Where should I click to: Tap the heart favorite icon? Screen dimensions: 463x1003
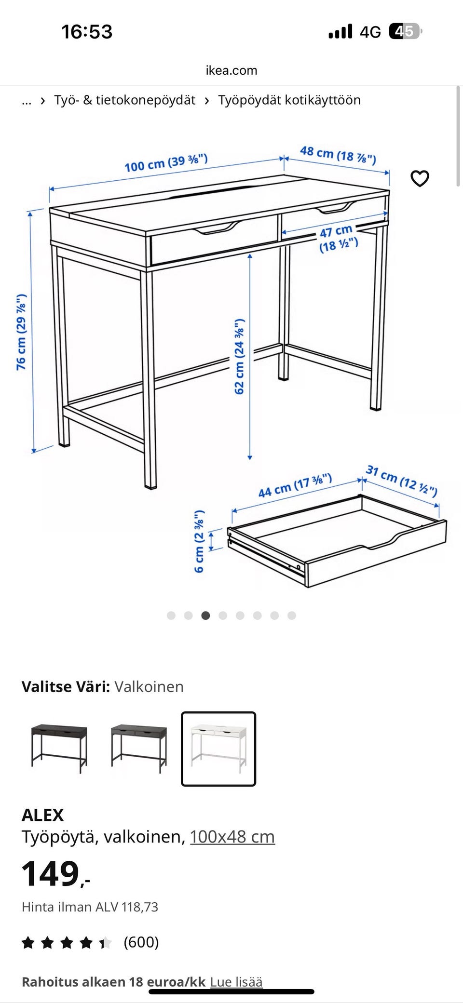(x=420, y=178)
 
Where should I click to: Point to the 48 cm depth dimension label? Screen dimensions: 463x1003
(x=338, y=155)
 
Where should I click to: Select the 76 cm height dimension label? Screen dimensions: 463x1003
(x=22, y=332)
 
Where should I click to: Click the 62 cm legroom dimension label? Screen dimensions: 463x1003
(x=240, y=356)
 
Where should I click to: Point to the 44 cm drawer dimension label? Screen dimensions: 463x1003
(x=295, y=485)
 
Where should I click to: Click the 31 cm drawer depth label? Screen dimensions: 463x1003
(x=402, y=481)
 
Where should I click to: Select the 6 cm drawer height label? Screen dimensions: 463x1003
(x=199, y=541)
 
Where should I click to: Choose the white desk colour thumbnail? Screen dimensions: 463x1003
(x=218, y=749)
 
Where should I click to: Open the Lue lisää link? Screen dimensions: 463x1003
(x=236, y=982)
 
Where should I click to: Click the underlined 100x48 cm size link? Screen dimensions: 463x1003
(x=232, y=836)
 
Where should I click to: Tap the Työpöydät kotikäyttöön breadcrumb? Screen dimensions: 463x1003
(x=289, y=100)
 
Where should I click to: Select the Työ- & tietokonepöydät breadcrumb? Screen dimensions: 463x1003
(x=124, y=100)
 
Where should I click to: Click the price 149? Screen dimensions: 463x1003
(x=51, y=873)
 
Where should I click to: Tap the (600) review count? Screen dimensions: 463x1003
(x=141, y=942)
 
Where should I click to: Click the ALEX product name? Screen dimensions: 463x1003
(x=43, y=815)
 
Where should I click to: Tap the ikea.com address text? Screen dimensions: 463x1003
(x=231, y=70)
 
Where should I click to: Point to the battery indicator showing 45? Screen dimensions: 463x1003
(x=406, y=31)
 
